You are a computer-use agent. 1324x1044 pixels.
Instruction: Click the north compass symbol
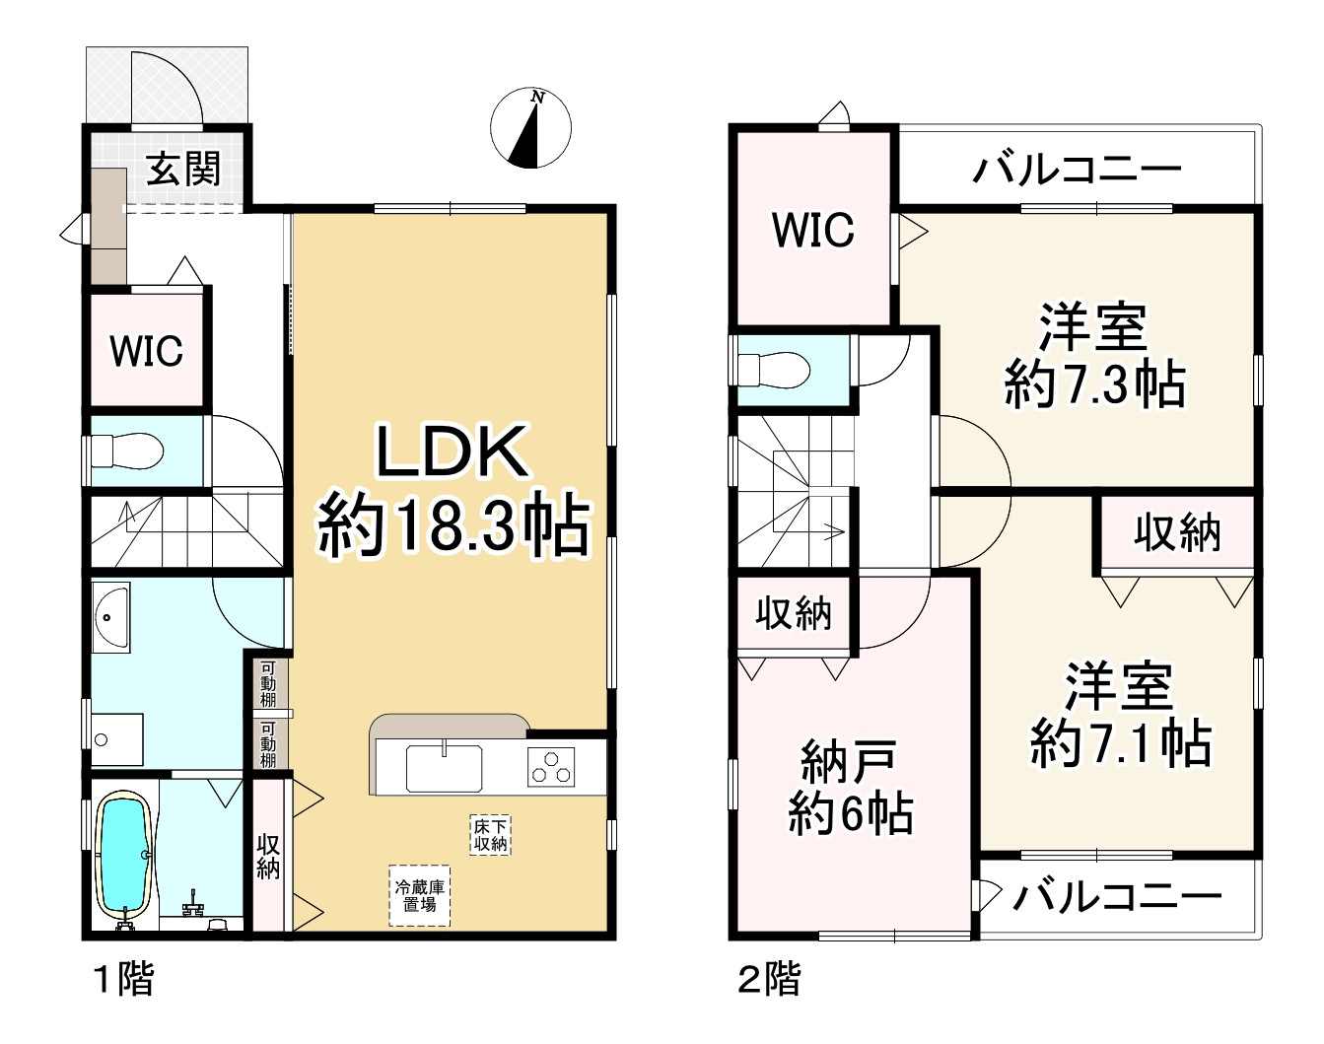(x=530, y=128)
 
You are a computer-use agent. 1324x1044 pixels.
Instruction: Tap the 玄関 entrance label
(x=183, y=171)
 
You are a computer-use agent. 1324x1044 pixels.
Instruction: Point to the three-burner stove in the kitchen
(x=553, y=765)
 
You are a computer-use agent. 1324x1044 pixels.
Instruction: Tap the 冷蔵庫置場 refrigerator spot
(x=419, y=895)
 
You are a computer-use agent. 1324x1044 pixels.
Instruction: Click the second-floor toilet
(x=775, y=370)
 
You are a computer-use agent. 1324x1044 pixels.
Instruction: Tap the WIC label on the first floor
(x=146, y=350)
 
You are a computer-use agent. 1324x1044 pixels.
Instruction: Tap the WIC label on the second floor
(x=813, y=230)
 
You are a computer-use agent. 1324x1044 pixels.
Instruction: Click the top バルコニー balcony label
(x=1076, y=171)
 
